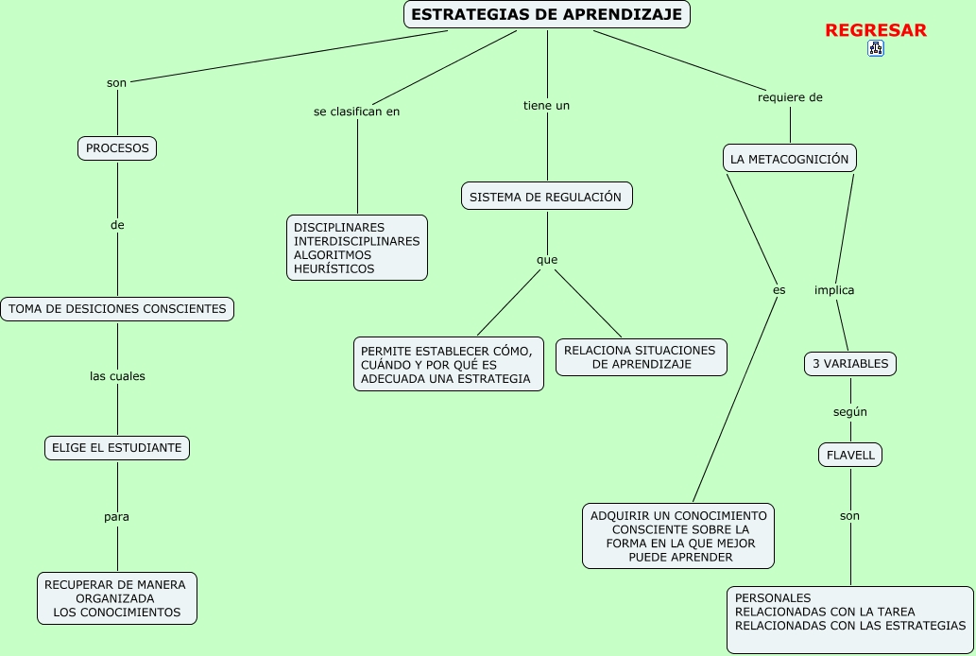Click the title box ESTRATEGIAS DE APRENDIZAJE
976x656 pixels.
pos(547,14)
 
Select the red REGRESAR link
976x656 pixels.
pos(876,30)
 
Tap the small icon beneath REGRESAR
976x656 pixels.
pos(875,48)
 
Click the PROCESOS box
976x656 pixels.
pos(117,148)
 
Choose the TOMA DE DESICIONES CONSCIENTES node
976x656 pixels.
pos(117,309)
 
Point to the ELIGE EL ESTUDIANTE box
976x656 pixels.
pos(117,448)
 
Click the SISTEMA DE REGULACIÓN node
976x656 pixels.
pos(546,197)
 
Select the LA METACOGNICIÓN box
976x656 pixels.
pos(790,159)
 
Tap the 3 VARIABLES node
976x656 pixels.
pos(850,364)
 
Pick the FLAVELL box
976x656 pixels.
pos(850,456)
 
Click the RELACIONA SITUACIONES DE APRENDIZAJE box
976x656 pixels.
pos(641,356)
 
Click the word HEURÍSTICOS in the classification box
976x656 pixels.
pos(334,268)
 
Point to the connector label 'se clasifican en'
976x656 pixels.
pos(356,112)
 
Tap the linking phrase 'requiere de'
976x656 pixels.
pos(790,97)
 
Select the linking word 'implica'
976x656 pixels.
pos(834,290)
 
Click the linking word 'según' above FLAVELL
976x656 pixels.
pos(850,412)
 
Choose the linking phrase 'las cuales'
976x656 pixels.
pos(117,376)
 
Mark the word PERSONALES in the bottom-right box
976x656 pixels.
pos(773,598)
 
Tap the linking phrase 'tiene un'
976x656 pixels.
pos(546,106)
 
